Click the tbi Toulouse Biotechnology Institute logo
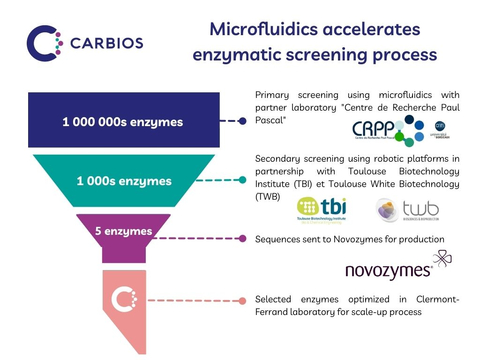click(322, 207)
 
